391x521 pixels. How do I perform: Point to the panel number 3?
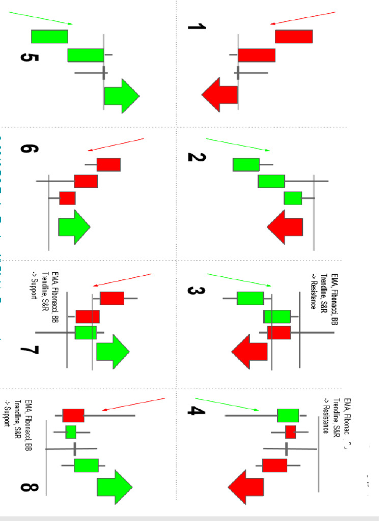pos(195,292)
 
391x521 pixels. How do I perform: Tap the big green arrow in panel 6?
pos(74,226)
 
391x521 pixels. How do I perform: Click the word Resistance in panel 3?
pos(314,292)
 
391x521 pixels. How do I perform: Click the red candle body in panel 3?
pos(278,332)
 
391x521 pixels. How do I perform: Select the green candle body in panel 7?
pos(86,332)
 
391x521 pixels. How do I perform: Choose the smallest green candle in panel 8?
pos(71,431)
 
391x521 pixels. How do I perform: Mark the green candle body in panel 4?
pos(288,415)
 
